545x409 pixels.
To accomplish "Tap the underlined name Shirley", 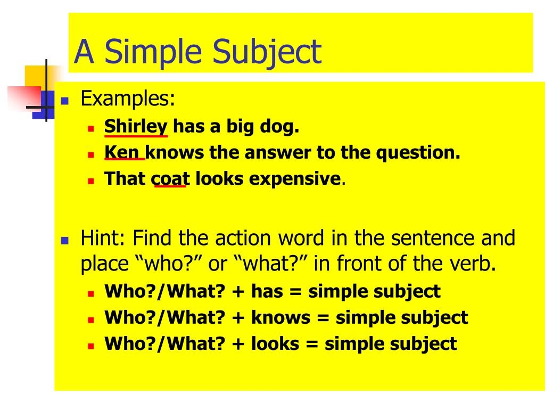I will point(136,127).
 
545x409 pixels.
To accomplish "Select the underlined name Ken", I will point(123,153).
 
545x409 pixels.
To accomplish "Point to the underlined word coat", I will point(170,178).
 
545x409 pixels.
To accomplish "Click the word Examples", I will point(128,99).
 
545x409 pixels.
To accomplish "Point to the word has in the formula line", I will point(267,292).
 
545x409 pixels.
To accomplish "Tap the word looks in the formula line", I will point(275,343).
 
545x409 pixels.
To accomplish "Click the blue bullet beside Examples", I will point(65,100).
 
